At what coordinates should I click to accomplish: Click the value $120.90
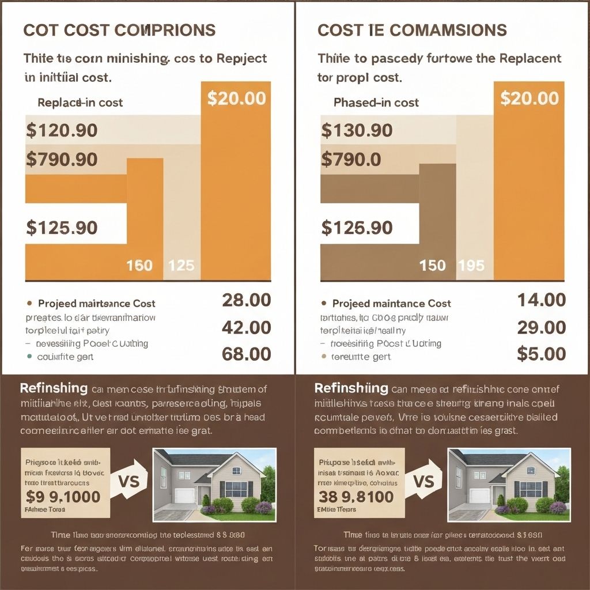tap(62, 130)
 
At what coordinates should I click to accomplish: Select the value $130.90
tap(357, 130)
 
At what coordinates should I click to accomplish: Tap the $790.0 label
tap(351, 159)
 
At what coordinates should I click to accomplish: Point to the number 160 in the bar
tap(139, 266)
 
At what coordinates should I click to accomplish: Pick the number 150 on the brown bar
tap(433, 266)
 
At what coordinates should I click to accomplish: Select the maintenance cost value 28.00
tap(246, 300)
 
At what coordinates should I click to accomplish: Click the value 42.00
tap(246, 327)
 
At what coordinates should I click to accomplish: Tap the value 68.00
tap(246, 354)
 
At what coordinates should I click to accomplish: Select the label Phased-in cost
tap(376, 103)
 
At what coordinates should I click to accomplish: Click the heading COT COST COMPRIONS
tap(119, 31)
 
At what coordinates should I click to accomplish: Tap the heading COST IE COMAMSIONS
tap(412, 31)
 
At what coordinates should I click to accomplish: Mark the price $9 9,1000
tap(63, 496)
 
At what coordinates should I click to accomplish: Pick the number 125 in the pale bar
tap(181, 266)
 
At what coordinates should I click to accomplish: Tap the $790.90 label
tap(62, 159)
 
